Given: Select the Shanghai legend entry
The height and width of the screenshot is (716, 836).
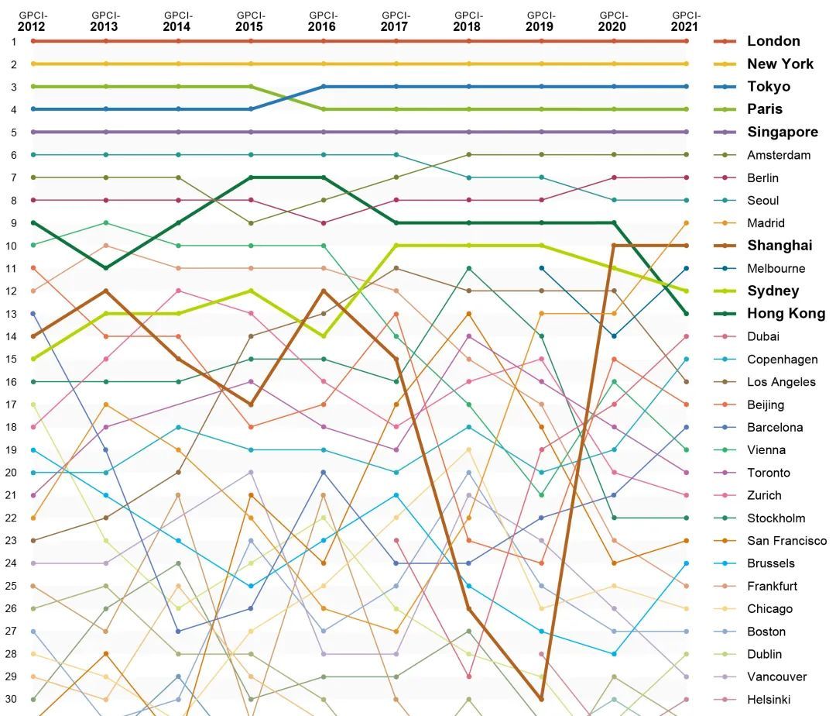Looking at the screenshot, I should (x=779, y=246).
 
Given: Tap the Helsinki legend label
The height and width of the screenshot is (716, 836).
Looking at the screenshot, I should (x=769, y=700).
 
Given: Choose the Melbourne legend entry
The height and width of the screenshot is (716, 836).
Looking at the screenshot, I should (x=776, y=269).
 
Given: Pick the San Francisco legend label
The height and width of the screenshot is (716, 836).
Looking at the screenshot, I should (x=786, y=541).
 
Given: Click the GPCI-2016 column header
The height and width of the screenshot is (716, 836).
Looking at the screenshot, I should (x=323, y=21).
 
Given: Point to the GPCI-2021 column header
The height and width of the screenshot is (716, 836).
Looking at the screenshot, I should (x=686, y=21).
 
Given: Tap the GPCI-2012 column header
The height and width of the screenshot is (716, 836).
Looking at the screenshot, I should (x=33, y=21).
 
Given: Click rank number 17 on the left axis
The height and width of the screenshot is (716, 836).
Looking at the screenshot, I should (x=12, y=404).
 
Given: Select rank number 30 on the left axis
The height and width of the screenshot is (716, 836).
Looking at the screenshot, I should (x=12, y=700).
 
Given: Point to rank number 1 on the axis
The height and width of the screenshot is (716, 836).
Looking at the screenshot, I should (x=12, y=41).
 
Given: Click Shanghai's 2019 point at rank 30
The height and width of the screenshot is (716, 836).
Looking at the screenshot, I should (x=541, y=700).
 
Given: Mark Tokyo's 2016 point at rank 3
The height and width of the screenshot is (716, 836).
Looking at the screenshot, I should (x=323, y=87).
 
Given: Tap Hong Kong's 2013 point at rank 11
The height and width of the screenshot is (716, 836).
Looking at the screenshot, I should (x=105, y=268).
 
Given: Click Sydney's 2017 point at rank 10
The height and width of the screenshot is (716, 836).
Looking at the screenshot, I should (x=396, y=246).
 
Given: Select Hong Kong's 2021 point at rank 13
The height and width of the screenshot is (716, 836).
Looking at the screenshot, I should (x=686, y=314).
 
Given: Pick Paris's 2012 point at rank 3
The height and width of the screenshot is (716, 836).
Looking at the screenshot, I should (x=33, y=87).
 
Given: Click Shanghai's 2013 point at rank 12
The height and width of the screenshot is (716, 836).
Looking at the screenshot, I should (x=105, y=291).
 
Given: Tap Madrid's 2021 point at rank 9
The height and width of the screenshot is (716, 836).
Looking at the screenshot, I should (x=686, y=223).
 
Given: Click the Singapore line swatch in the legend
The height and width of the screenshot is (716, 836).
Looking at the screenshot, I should (x=725, y=133).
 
